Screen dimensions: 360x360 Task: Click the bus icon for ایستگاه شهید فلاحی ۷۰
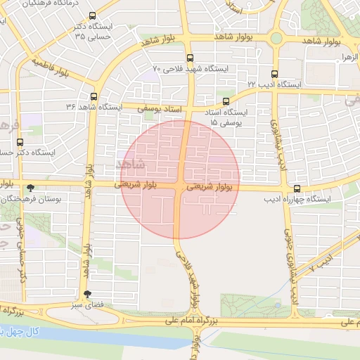click(x=189, y=57)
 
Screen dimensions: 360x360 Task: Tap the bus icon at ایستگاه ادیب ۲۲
click(x=274, y=72)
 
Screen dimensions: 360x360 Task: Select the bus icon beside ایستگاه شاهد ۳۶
click(x=94, y=96)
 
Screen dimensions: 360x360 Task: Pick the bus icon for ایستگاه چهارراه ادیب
click(x=297, y=188)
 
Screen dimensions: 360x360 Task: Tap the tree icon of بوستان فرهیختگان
click(x=30, y=188)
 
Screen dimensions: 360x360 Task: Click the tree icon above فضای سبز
click(x=86, y=295)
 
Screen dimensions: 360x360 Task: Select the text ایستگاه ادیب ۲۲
click(x=274, y=84)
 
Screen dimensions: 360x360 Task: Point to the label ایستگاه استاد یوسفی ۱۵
click(x=226, y=117)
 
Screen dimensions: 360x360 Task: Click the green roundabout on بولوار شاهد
click(x=276, y=38)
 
